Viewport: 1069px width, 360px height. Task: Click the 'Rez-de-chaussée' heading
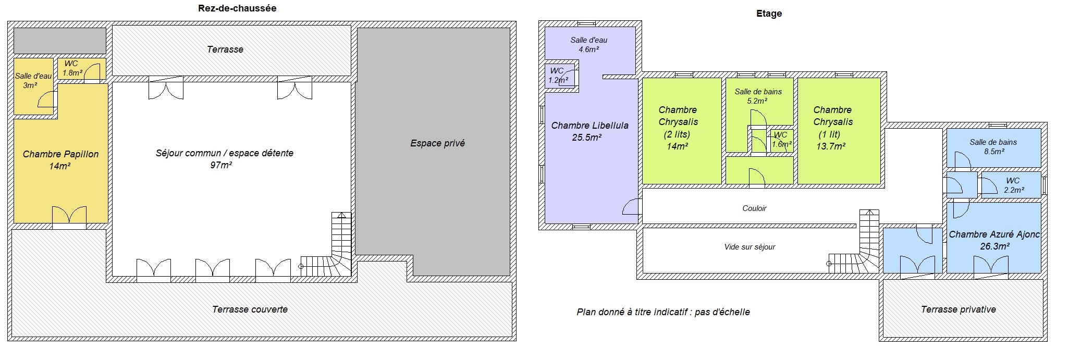point(237,8)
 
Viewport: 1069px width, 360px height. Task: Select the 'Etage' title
point(769,14)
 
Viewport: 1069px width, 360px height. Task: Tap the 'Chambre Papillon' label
point(60,154)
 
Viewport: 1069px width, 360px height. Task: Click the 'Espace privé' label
point(437,143)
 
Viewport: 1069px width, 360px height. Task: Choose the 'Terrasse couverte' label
point(250,309)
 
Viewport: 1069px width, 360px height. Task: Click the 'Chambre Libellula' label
point(589,126)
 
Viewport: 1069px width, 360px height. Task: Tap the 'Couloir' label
point(754,208)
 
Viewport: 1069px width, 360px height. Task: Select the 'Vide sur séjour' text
point(749,247)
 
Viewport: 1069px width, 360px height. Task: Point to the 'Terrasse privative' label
point(958,309)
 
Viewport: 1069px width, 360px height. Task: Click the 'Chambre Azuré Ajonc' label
point(994,234)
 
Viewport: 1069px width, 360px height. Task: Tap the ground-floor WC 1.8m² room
point(81,69)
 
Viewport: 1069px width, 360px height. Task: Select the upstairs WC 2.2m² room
point(1011,185)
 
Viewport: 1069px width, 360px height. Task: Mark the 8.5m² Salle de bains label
point(993,146)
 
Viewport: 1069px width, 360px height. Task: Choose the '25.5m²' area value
point(587,138)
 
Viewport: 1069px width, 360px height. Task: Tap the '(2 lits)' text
point(677,134)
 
